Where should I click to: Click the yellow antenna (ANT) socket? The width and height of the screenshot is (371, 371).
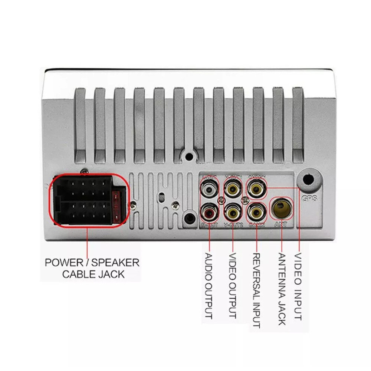pyautogui.click(x=282, y=208)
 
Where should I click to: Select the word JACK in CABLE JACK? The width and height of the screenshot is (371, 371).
pyautogui.click(x=111, y=275)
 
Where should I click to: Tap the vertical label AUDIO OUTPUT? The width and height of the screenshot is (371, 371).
pyautogui.click(x=209, y=286)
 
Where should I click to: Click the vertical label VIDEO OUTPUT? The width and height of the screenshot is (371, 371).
pyautogui.click(x=233, y=286)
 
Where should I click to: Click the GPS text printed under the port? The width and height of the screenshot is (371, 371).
pyautogui.click(x=309, y=198)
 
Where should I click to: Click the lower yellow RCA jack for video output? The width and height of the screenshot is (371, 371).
pyautogui.click(x=233, y=212)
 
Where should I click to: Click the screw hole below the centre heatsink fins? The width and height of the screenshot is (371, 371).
pyautogui.click(x=190, y=156)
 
